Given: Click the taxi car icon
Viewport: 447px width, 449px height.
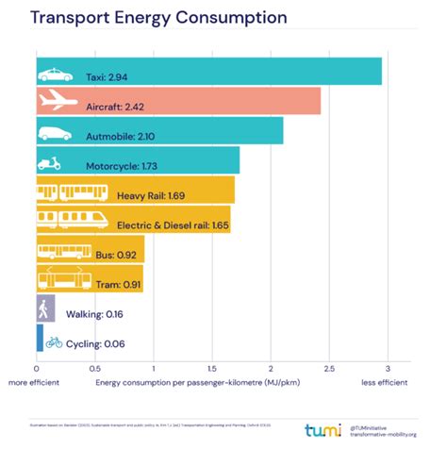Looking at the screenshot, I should (x=55, y=73).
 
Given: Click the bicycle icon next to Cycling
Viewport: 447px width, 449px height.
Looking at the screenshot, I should (x=54, y=342).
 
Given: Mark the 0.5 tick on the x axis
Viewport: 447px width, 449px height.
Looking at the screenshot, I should (x=94, y=369).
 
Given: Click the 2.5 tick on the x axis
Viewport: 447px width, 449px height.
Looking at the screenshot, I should (x=328, y=369).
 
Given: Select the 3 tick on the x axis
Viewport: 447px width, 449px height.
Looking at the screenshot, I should (x=387, y=369).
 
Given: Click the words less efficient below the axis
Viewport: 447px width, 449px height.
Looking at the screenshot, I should (x=384, y=383).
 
